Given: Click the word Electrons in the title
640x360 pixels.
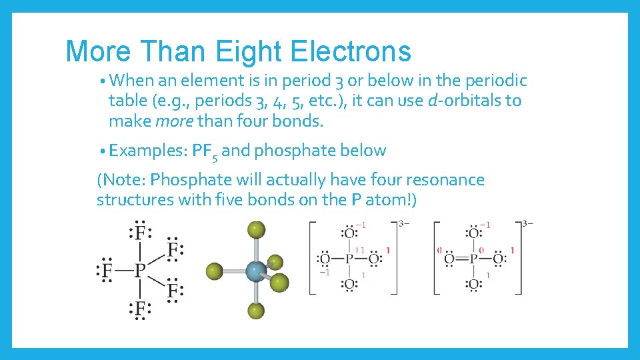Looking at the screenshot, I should [353, 51].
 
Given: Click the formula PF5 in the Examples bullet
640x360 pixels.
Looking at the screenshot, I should [205, 151].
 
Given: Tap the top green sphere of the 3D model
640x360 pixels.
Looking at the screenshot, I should [256, 230].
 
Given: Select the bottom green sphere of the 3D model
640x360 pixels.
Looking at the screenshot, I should [256, 311].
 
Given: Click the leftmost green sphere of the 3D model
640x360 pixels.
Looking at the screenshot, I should [214, 271].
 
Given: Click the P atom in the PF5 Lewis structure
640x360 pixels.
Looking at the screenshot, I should [140, 271].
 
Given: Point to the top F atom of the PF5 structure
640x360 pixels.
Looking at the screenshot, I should [140, 232].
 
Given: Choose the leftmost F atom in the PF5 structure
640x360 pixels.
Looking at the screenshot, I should [105, 271].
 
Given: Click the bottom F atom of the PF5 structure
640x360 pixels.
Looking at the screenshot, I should [140, 309].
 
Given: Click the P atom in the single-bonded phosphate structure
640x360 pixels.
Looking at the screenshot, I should [348, 259].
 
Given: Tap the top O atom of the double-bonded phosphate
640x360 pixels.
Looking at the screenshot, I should [473, 233].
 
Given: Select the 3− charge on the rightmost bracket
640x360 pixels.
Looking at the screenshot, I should [528, 223].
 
